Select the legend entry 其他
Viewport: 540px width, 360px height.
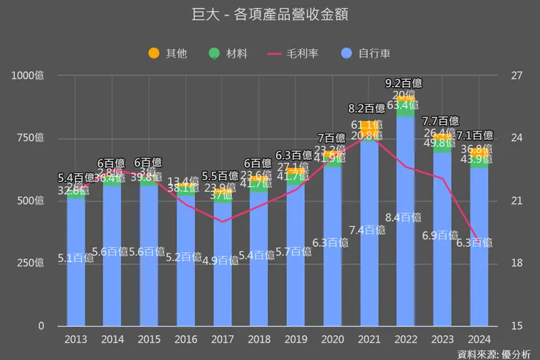click(168, 53)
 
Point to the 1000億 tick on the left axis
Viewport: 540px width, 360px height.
click(27, 75)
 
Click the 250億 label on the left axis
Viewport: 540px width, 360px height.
click(30, 264)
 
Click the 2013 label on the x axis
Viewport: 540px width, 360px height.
click(76, 340)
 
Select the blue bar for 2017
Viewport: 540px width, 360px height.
click(223, 292)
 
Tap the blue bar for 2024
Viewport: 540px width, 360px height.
click(479, 277)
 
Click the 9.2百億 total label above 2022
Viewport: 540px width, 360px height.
click(404, 83)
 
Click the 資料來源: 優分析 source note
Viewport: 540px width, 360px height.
click(494, 353)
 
